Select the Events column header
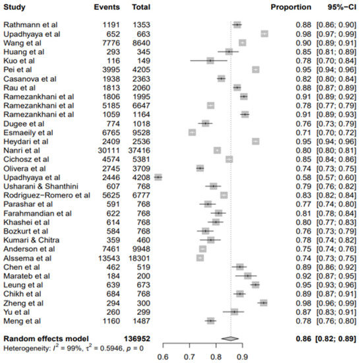click(107, 7)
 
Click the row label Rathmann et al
click(30, 24)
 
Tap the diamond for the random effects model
click(230, 338)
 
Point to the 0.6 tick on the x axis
click(162, 357)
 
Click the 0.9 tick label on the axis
click(243, 357)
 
